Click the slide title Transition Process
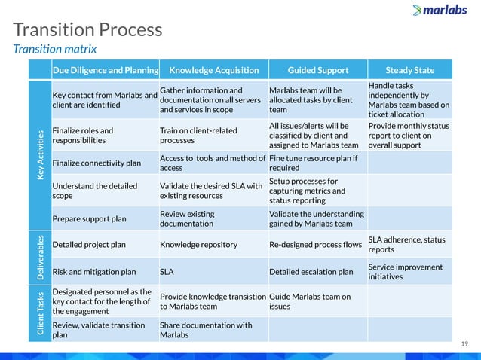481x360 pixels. (x=87, y=30)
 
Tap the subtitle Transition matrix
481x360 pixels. (x=55, y=49)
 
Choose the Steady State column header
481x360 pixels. (x=409, y=71)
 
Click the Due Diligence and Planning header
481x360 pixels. (x=105, y=71)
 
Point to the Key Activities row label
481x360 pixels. (x=38, y=154)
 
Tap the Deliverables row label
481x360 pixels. (x=38, y=258)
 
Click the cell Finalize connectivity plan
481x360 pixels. (x=97, y=163)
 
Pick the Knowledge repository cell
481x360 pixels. (x=198, y=245)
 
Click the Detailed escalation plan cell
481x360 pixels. (x=311, y=272)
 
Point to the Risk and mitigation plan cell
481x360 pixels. (x=94, y=272)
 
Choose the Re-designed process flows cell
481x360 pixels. (x=315, y=245)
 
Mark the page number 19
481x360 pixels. (x=464, y=343)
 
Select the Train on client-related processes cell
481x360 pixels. (x=198, y=135)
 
